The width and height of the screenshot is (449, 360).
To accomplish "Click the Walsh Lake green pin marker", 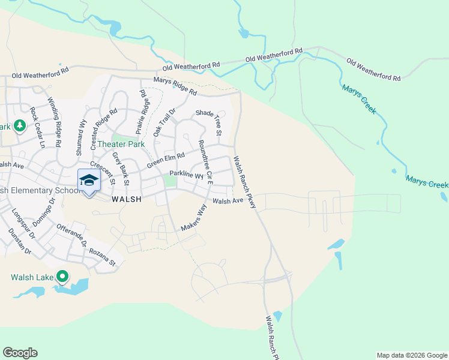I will coord(62,277).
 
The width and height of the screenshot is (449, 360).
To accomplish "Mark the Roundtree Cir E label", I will coord(206,161).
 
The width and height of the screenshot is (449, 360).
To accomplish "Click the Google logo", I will coord(20,353).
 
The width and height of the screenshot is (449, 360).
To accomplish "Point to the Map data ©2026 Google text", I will coord(412,355).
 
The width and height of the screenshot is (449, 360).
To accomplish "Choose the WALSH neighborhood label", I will coord(126,200).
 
